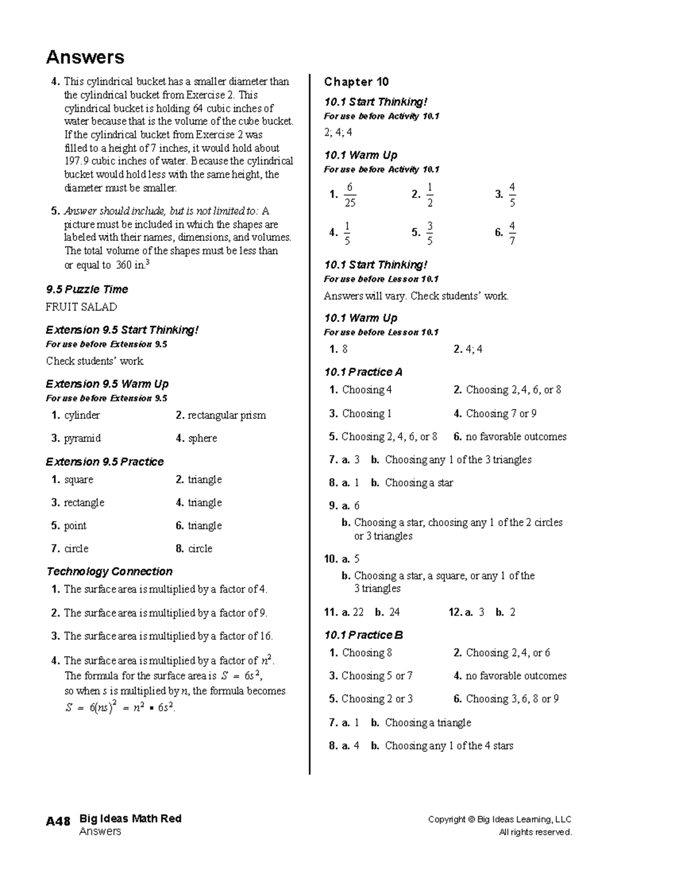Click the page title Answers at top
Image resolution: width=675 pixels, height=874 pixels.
[85, 57]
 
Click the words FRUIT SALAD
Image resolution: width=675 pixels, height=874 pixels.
[82, 307]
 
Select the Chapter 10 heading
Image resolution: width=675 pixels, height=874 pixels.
[356, 82]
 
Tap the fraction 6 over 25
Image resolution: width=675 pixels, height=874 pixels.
[350, 195]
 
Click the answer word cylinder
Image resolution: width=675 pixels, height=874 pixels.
[82, 415]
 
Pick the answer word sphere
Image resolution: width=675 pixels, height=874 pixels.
[202, 438]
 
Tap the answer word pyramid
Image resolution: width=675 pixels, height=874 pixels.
[82, 438]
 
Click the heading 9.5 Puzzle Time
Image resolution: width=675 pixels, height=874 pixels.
[87, 289]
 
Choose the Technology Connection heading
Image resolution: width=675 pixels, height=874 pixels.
[110, 571]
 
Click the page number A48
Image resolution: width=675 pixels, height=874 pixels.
[58, 821]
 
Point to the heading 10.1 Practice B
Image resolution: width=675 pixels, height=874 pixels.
[363, 635]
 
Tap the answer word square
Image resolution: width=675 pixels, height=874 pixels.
[79, 479]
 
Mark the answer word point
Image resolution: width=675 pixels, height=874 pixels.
[75, 526]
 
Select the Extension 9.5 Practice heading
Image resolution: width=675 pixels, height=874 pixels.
[105, 461]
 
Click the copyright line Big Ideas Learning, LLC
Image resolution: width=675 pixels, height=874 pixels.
[499, 819]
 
